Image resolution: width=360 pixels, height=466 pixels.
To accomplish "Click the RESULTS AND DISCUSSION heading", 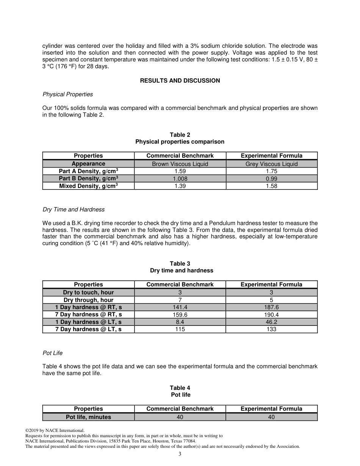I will point(180,81).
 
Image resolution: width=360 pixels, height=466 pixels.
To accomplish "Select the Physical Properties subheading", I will point(67,94).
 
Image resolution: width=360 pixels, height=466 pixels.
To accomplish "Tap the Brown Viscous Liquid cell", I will point(180,164).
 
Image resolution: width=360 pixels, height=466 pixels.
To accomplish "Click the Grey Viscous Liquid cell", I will point(271,164).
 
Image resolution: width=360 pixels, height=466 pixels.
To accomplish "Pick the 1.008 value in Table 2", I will point(180,179).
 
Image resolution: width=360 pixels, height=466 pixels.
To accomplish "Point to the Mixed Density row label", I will point(88,186).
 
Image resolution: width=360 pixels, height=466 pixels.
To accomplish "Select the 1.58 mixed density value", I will point(271,186).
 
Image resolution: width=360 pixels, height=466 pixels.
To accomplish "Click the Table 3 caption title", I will point(180,264).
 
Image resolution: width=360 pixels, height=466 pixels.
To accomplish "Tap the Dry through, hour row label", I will point(88,300).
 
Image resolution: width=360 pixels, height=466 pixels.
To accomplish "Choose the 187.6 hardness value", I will point(271,307).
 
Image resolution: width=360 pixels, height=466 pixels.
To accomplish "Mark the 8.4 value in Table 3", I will point(180,322).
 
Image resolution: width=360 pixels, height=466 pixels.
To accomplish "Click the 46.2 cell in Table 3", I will point(271,322).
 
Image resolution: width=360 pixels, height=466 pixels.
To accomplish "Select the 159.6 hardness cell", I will point(180,315).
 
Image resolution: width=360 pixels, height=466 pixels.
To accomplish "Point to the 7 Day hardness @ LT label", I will point(88,329).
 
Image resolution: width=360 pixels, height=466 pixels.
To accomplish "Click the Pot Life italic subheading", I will point(53,353).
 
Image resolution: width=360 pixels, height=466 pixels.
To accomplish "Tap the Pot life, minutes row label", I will point(88,417).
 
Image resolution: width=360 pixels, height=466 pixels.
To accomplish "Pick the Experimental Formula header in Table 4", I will point(271,409).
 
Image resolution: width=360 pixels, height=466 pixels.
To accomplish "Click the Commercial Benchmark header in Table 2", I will point(180,156).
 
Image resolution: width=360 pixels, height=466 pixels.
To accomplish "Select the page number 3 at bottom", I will point(180,454).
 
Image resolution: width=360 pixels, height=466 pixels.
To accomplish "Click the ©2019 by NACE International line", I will point(55,430).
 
